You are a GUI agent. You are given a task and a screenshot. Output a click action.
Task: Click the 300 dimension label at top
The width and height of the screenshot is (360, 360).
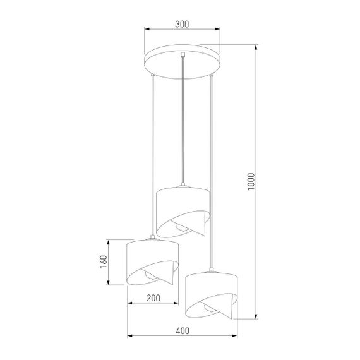181,24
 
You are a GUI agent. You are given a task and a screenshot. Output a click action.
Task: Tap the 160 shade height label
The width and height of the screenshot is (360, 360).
104,261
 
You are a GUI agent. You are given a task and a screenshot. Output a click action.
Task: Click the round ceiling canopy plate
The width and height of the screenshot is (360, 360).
181,63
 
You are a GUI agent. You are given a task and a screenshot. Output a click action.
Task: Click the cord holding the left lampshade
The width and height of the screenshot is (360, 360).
152,158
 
